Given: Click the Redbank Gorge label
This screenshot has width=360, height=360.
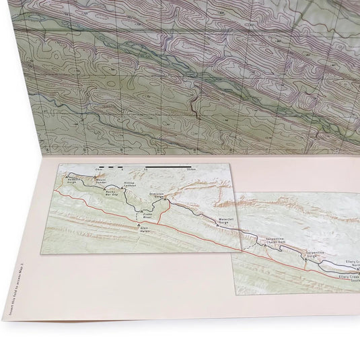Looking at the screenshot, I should click(x=75, y=182).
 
